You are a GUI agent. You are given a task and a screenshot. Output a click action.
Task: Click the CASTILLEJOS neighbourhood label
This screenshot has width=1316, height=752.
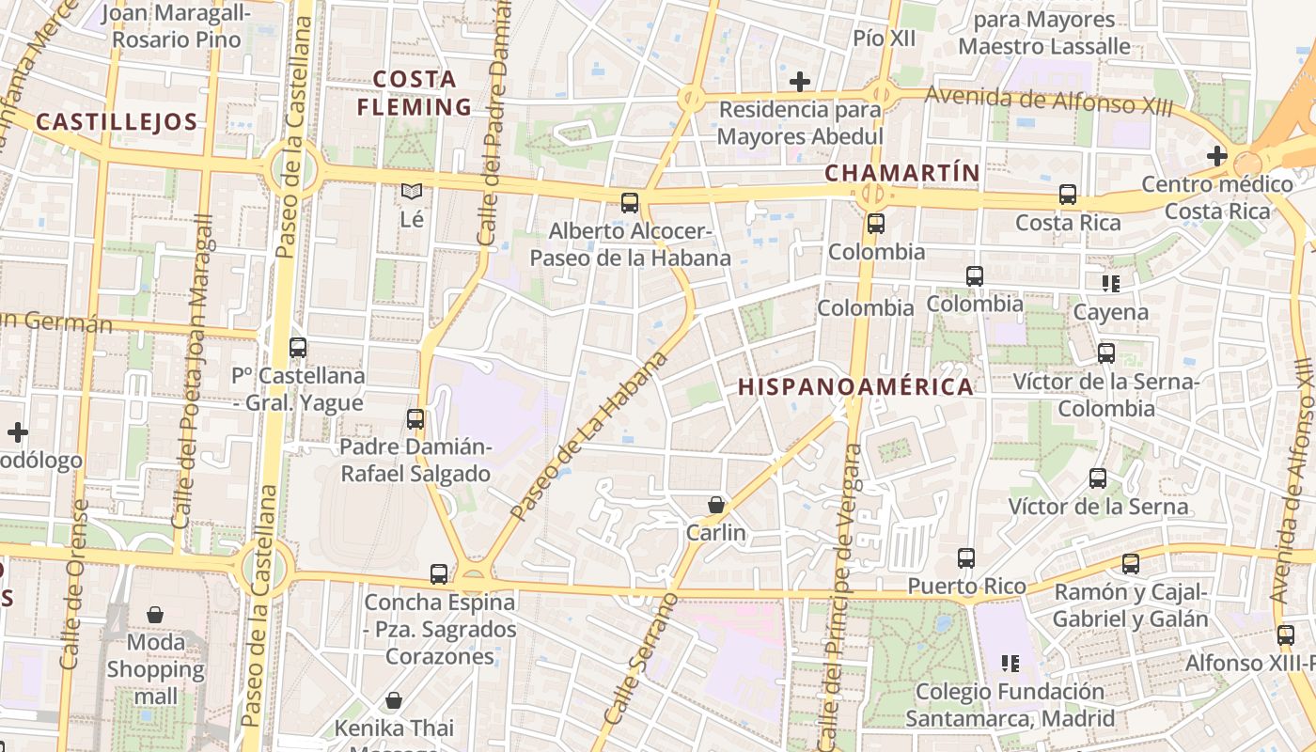pyautogui.click(x=117, y=121)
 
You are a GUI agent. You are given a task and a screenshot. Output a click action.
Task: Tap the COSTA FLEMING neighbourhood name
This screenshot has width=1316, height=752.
pyautogui.click(x=414, y=93)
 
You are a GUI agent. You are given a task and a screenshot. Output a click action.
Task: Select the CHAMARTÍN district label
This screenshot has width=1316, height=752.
pyautogui.click(x=902, y=173)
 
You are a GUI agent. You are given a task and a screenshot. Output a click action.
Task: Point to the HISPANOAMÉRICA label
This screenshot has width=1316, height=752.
pyautogui.click(x=855, y=386)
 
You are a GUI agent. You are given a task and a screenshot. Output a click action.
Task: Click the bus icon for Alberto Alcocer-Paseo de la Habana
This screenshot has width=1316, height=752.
pyautogui.click(x=630, y=202)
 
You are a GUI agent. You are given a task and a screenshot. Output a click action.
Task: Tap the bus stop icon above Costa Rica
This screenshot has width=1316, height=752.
pyautogui.click(x=1068, y=195)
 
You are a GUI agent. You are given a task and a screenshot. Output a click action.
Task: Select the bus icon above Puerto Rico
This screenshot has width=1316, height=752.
pyautogui.click(x=966, y=558)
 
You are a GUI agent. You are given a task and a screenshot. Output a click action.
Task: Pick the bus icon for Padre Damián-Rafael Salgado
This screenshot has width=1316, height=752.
pyautogui.click(x=415, y=419)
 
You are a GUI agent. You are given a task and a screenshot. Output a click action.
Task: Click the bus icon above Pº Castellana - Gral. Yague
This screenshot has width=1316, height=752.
pyautogui.click(x=298, y=348)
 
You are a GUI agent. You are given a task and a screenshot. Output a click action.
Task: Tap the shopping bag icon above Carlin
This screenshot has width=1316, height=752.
pyautogui.click(x=716, y=505)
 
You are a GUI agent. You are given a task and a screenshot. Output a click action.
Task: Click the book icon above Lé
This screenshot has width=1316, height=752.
pyautogui.click(x=412, y=191)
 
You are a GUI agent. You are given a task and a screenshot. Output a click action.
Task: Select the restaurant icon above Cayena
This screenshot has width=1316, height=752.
pyautogui.click(x=1111, y=283)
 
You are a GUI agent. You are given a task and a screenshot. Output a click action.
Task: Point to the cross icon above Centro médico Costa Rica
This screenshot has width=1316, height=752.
pyautogui.click(x=1217, y=155)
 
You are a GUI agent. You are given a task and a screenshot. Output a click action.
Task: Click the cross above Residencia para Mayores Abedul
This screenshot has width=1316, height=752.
pyautogui.click(x=800, y=82)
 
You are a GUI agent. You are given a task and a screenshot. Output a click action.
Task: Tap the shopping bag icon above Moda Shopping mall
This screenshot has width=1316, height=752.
pyautogui.click(x=155, y=615)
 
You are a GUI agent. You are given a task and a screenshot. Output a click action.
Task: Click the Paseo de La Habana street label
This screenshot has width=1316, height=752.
pyautogui.click(x=589, y=436)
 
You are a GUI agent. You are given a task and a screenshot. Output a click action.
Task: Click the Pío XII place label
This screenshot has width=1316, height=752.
pyautogui.click(x=884, y=38)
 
